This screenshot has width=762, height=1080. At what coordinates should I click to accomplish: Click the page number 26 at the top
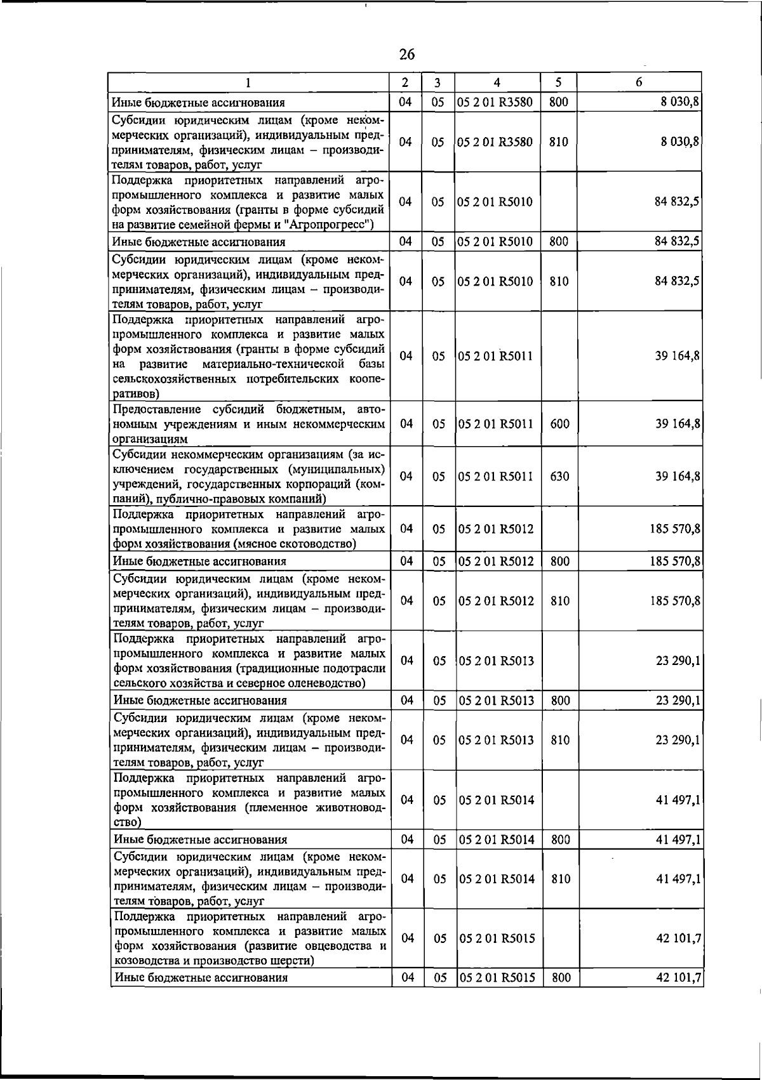[407, 55]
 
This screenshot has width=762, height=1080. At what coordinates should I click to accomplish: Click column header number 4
[497, 82]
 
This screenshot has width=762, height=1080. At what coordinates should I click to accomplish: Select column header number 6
[639, 82]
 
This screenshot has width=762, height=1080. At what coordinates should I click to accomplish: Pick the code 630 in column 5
[559, 477]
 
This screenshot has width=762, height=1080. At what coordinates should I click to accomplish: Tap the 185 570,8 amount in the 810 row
[675, 601]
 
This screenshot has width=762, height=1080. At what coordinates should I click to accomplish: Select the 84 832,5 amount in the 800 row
[678, 242]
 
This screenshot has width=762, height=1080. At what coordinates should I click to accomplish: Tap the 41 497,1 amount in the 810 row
[678, 879]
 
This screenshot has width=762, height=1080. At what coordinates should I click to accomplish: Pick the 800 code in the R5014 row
[560, 840]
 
